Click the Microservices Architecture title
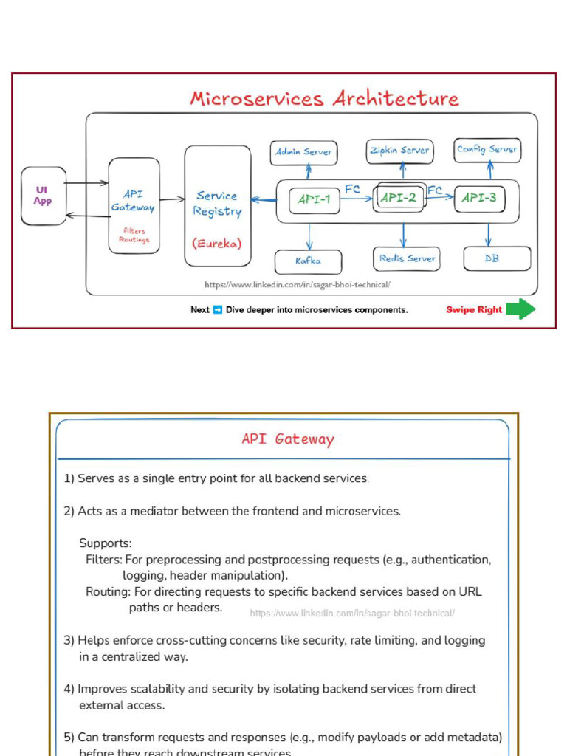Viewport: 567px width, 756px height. point(324,99)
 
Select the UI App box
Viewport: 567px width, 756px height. point(43,196)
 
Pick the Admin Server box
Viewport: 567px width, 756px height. point(303,152)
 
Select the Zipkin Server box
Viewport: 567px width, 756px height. point(399,151)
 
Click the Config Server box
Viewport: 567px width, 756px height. point(487,150)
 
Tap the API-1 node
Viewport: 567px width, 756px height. point(315,199)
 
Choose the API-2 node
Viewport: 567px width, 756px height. point(399,198)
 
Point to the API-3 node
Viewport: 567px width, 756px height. point(480,198)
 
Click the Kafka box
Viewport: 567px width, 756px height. point(308,261)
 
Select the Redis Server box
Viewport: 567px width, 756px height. point(407,258)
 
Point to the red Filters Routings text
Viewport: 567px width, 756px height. point(134,236)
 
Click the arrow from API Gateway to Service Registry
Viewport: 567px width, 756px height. point(171,199)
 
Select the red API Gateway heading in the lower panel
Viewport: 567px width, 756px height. point(288,439)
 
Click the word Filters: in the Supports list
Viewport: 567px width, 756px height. point(103,560)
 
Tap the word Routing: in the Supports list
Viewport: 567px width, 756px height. point(108,592)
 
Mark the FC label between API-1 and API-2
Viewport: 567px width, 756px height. point(353,190)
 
